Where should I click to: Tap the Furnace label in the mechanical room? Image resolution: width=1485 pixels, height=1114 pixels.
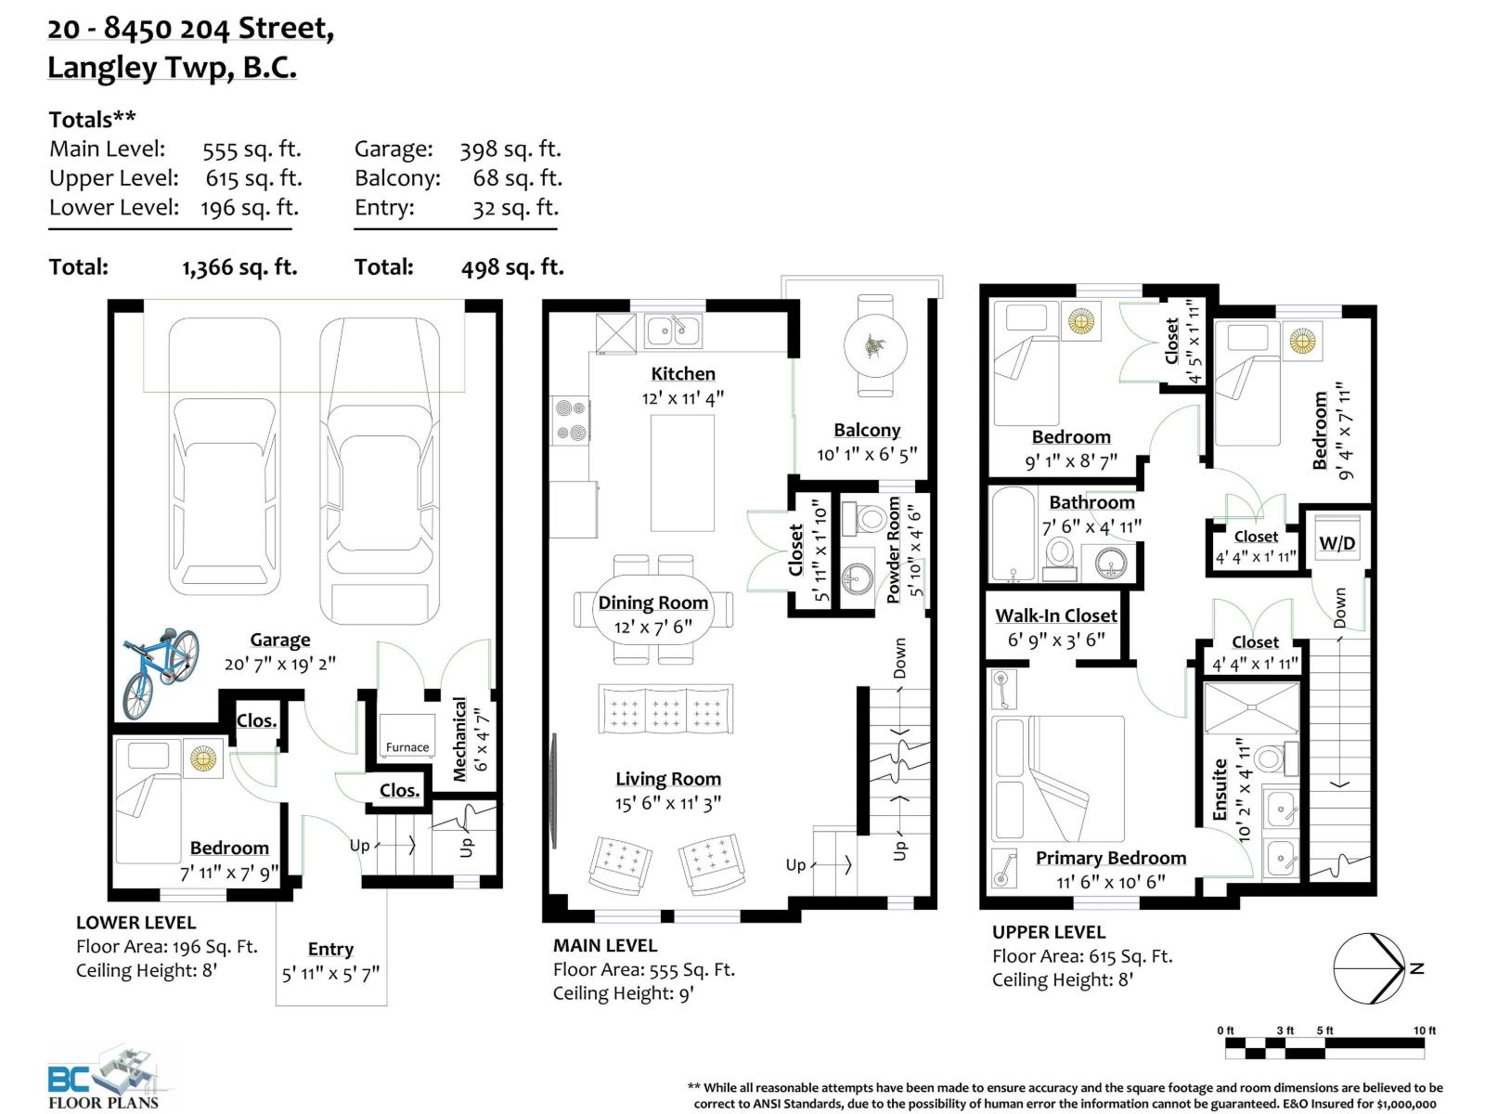coord(407,747)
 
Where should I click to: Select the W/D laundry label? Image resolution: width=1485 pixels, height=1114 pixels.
coord(1336,543)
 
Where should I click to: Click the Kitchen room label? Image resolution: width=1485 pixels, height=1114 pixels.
coord(682,373)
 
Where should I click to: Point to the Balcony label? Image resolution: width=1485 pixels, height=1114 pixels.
coord(867,430)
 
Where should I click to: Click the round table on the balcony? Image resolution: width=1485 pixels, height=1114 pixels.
coord(875,345)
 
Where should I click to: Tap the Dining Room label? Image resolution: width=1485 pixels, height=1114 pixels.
coord(652,602)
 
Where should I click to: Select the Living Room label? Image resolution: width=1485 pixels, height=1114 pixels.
coord(667,779)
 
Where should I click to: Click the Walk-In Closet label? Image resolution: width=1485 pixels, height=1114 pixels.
coord(1055,615)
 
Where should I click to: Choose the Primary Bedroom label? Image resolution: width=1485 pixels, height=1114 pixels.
coord(1111,858)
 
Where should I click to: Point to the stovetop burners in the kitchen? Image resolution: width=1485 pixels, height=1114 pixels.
coord(571,421)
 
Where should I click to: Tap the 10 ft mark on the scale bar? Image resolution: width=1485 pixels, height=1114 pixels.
coord(1424,1030)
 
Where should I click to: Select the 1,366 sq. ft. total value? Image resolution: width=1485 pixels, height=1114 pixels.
coord(239,267)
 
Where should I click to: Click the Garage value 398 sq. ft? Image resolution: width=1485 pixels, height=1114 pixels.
coord(510,149)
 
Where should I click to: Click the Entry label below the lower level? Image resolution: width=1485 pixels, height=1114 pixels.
coord(330,949)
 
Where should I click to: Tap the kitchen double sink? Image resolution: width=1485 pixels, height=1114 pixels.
coord(673,330)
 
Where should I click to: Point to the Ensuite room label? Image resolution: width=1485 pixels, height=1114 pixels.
coord(1220,790)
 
